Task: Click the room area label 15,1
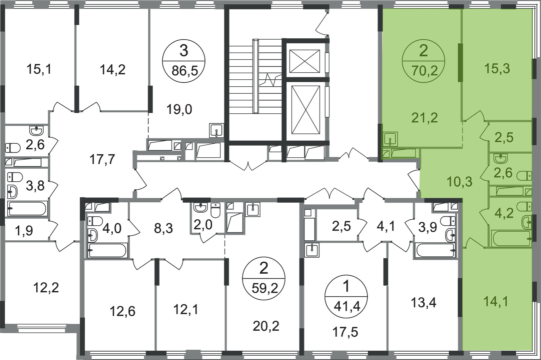(39, 70)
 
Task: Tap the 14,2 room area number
(113, 70)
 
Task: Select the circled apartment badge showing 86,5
(184, 61)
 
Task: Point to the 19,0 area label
(179, 109)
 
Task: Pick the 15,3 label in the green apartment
(497, 69)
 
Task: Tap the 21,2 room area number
(425, 118)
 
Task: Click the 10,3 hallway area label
(459, 182)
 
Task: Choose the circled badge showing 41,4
(346, 296)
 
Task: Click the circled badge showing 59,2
(264, 278)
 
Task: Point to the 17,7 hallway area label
(102, 159)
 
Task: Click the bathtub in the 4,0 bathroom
(108, 250)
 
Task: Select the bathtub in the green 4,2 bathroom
(511, 238)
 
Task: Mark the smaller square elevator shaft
(304, 61)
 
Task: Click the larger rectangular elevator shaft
(305, 109)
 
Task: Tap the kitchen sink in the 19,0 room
(217, 130)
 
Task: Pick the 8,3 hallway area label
(164, 228)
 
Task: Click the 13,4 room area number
(424, 302)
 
